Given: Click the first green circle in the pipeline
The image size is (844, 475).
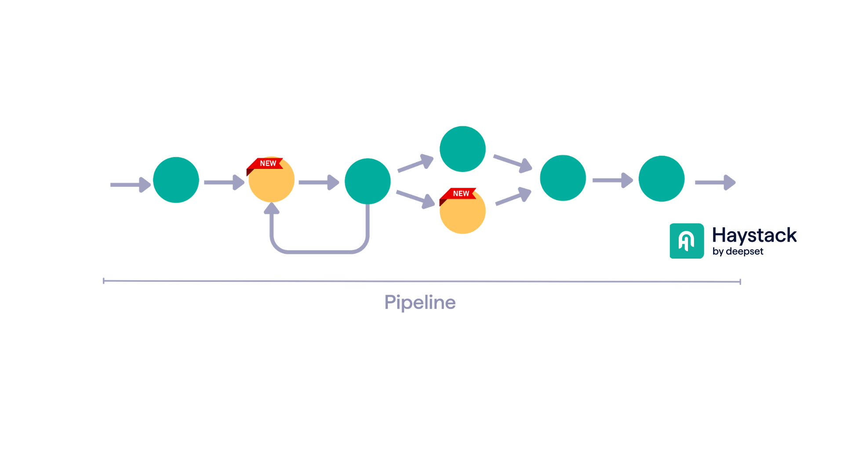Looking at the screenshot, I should point(176,180).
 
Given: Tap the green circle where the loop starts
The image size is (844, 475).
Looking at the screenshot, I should point(367,181).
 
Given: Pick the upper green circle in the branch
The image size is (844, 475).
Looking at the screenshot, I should point(462,149).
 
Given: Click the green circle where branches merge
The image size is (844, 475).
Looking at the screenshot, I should point(563,178).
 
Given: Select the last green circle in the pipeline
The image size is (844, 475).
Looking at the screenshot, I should point(661,179).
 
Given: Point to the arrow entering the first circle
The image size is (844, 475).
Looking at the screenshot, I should point(130,185).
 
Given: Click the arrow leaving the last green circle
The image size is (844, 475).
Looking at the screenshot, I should point(715,183).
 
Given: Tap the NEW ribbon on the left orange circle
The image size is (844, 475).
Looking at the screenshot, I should point(266,164).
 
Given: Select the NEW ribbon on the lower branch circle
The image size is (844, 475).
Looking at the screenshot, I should point(460,194).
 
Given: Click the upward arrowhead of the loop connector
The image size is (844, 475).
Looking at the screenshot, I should point(272,208).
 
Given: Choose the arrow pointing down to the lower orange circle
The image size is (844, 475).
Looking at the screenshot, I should point(415,199).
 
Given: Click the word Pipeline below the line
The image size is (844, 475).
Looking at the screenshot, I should point(420,303).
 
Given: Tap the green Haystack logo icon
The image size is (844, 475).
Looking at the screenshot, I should point(687,241).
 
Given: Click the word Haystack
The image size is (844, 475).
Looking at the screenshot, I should point(754,235).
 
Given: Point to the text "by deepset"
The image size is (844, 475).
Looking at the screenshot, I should point(738,252).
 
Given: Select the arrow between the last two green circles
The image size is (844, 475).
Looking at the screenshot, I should point(612,180).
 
